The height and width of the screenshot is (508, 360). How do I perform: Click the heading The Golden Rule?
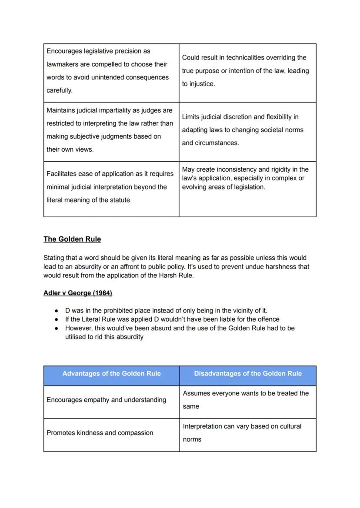point(72,239)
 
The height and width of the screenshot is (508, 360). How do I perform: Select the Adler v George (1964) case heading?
point(78,293)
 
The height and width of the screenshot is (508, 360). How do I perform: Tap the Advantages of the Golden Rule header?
point(111,373)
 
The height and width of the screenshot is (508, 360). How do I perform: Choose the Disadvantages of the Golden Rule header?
point(247,373)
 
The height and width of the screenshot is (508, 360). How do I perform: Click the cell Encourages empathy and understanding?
point(106,400)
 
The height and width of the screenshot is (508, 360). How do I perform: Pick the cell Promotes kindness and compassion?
point(100,433)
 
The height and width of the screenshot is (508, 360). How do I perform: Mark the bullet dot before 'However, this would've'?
point(57,329)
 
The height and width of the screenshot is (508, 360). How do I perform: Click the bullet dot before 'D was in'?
point(57,311)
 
